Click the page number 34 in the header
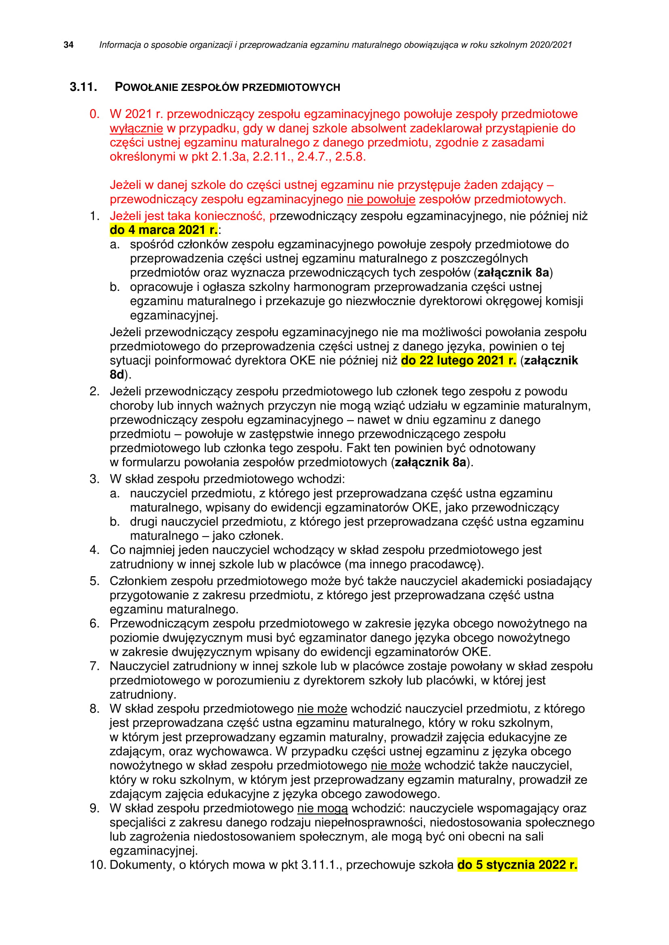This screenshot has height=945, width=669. pyautogui.click(x=68, y=45)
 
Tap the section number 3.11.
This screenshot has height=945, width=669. pyautogui.click(x=83, y=87)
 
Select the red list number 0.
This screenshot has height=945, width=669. pyautogui.click(x=94, y=114)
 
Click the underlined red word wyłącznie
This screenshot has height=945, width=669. pyautogui.click(x=136, y=128)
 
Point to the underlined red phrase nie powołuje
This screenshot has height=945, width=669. pyautogui.click(x=381, y=199)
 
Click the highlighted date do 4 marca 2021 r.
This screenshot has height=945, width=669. pyautogui.click(x=163, y=229)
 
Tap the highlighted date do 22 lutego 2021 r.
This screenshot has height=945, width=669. pyautogui.click(x=458, y=360)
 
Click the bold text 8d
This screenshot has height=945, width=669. pyautogui.click(x=117, y=375)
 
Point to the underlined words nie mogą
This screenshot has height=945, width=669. pyautogui.click(x=322, y=808)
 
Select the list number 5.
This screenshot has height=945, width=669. pyautogui.click(x=94, y=581)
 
